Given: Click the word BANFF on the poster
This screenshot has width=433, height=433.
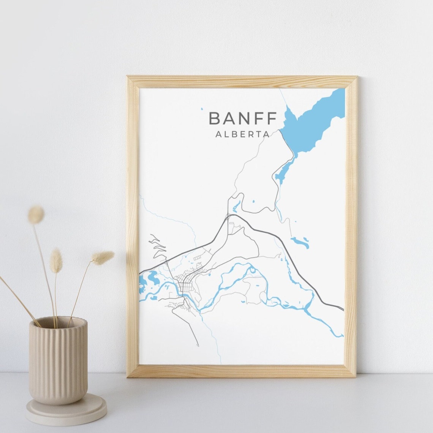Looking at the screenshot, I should coord(242,118).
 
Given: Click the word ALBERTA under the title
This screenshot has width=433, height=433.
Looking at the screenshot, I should coord(242,134).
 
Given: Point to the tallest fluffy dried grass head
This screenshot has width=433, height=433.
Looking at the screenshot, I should coord(36,215).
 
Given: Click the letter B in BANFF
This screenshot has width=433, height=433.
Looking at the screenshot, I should coord(215,118).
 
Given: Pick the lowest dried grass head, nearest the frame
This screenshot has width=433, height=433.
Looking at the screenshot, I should coord(103,257).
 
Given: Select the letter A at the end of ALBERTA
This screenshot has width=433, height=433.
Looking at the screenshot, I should coord(266,134).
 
